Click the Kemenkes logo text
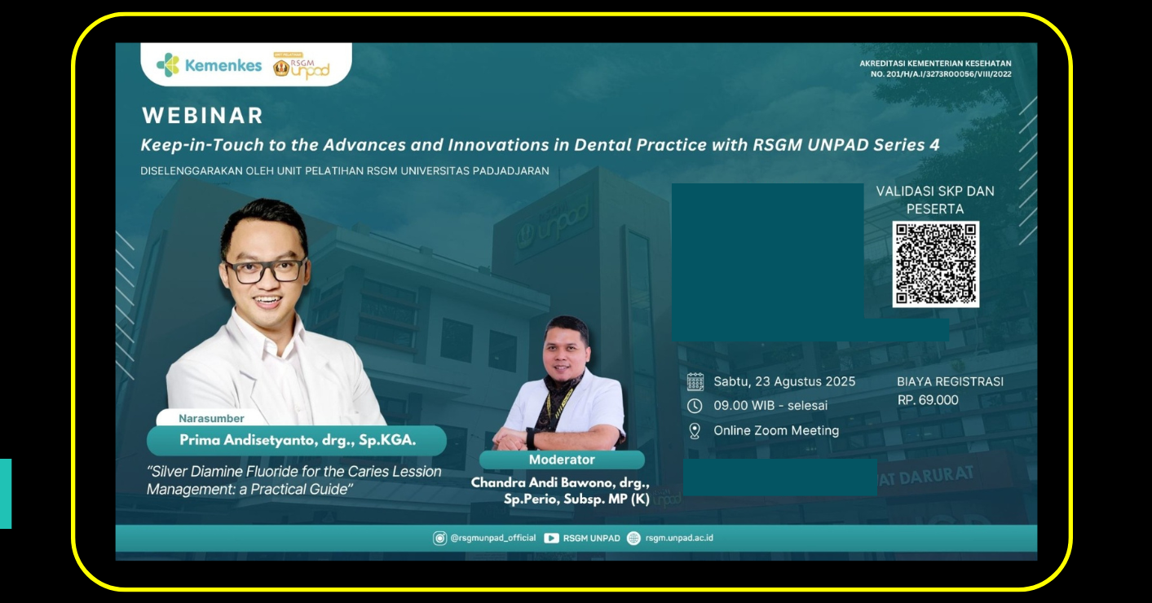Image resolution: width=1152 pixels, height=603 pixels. [x=223, y=66]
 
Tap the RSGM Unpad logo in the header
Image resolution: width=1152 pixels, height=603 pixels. [x=302, y=67]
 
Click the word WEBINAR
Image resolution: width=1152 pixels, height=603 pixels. [x=203, y=115]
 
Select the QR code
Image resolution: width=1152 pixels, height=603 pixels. [x=935, y=264]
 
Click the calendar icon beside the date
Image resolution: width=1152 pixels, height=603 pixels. [x=695, y=382]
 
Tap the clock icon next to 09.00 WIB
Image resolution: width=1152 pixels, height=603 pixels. [x=695, y=406]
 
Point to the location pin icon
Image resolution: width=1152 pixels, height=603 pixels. [x=695, y=431]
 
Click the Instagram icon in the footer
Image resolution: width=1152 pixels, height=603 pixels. [x=439, y=539]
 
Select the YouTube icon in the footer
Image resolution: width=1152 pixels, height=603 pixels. [x=551, y=539]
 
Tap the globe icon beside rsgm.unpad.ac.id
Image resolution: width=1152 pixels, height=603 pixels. [x=633, y=539]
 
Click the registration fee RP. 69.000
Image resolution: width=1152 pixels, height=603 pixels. [x=928, y=400]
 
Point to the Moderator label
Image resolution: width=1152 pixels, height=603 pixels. [x=562, y=460]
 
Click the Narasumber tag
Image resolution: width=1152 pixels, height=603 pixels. [x=211, y=419]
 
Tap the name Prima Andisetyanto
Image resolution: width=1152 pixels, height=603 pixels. [x=247, y=441]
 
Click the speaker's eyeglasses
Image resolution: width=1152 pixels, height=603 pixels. [x=265, y=271]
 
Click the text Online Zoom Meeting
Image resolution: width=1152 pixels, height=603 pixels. [x=776, y=431]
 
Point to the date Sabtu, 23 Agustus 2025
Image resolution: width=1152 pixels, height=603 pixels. [x=784, y=381]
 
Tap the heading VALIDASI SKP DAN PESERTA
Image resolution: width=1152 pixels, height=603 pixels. [x=935, y=200]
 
